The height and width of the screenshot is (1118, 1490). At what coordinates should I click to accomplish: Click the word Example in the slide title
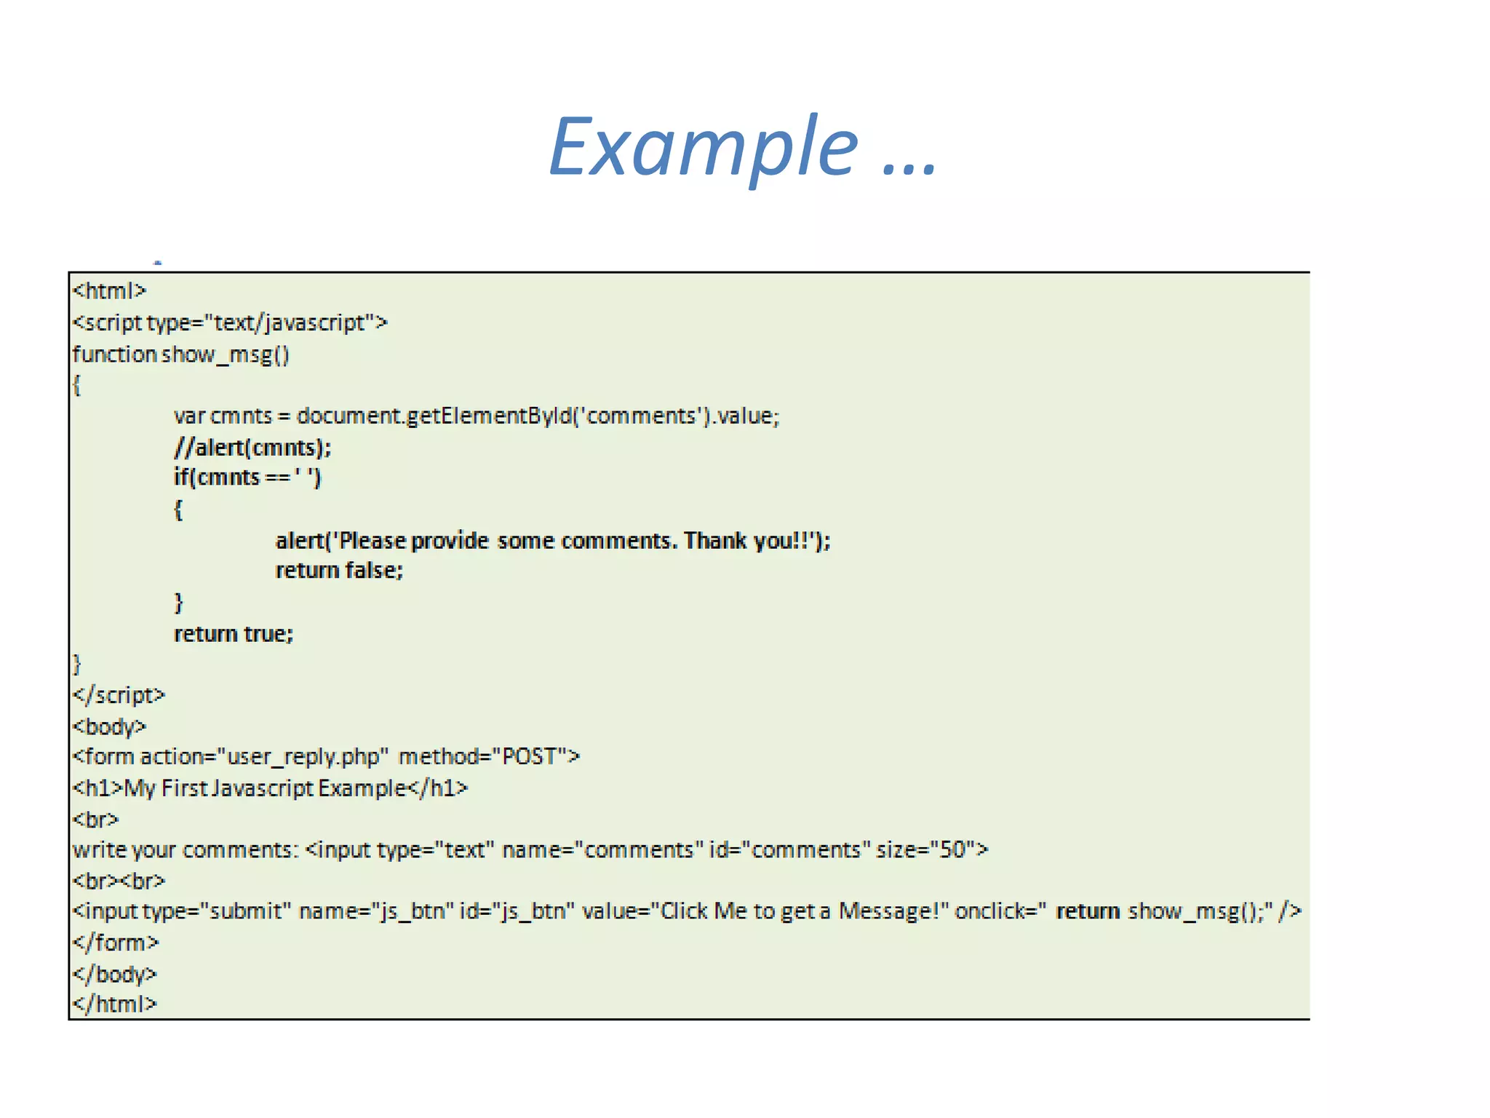(x=704, y=148)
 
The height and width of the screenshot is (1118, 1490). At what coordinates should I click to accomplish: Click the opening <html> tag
(x=109, y=291)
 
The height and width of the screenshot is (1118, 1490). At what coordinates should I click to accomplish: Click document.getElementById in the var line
(x=434, y=416)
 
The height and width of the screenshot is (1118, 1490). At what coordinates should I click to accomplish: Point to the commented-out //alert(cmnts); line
(x=252, y=447)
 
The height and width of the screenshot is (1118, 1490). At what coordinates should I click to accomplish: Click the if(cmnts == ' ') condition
(x=247, y=477)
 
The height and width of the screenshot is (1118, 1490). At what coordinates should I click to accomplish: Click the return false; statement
(x=339, y=570)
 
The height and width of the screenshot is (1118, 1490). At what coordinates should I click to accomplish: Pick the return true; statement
(x=234, y=634)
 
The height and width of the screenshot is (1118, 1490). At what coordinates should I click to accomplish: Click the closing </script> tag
(x=119, y=695)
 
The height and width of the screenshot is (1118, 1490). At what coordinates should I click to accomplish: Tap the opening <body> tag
(x=109, y=726)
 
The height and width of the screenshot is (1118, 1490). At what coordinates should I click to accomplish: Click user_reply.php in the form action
(x=303, y=757)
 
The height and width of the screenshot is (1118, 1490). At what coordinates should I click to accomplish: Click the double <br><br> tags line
(x=119, y=881)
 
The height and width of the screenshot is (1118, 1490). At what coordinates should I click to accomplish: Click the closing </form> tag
(x=115, y=943)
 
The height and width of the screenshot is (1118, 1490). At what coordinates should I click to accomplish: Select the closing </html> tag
(x=114, y=1004)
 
